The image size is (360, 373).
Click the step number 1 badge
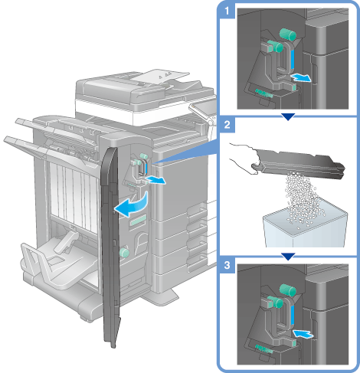point(227,11)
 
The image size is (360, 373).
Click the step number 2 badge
point(227,125)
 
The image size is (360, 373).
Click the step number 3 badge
point(227,265)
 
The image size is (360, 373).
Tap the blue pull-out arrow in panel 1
point(302,77)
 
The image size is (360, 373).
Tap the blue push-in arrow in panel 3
point(303,334)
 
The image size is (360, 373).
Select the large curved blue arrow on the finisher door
point(133,204)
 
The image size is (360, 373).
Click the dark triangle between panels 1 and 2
point(288,117)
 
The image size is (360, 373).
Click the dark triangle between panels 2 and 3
point(288,257)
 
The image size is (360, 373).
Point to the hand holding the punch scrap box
point(243,159)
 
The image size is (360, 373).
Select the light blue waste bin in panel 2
point(305,227)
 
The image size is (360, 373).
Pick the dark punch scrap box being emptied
point(299,163)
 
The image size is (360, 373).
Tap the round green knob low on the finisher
point(124,253)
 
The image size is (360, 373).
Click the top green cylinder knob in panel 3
point(288,290)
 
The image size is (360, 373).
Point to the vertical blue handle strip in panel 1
point(293,59)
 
